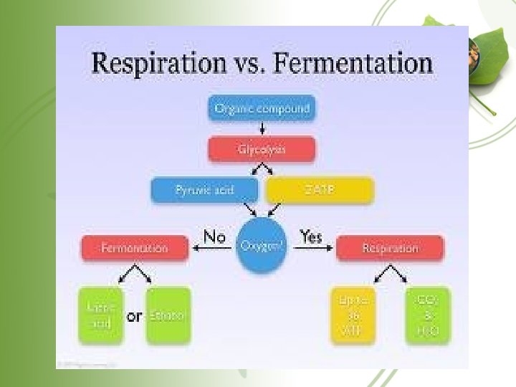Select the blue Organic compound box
262,109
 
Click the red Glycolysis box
262,149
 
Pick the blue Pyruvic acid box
205,190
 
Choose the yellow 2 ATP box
320,190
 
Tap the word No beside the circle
215,236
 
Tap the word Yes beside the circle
311,236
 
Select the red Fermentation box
135,248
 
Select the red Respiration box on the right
390,248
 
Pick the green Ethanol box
168,315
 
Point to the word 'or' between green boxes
134,316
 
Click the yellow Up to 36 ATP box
353,315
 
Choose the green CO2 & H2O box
428,315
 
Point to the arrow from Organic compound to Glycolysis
262,128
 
